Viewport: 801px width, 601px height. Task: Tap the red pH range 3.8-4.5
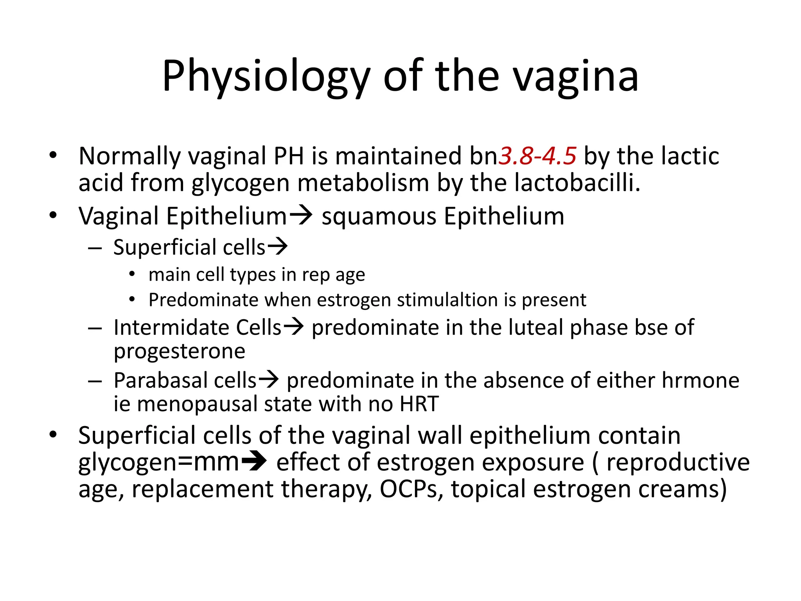[537, 156]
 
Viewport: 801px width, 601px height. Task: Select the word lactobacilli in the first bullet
[577, 183]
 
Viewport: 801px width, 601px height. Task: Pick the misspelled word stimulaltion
[447, 300]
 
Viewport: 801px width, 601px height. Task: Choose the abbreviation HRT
[419, 404]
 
